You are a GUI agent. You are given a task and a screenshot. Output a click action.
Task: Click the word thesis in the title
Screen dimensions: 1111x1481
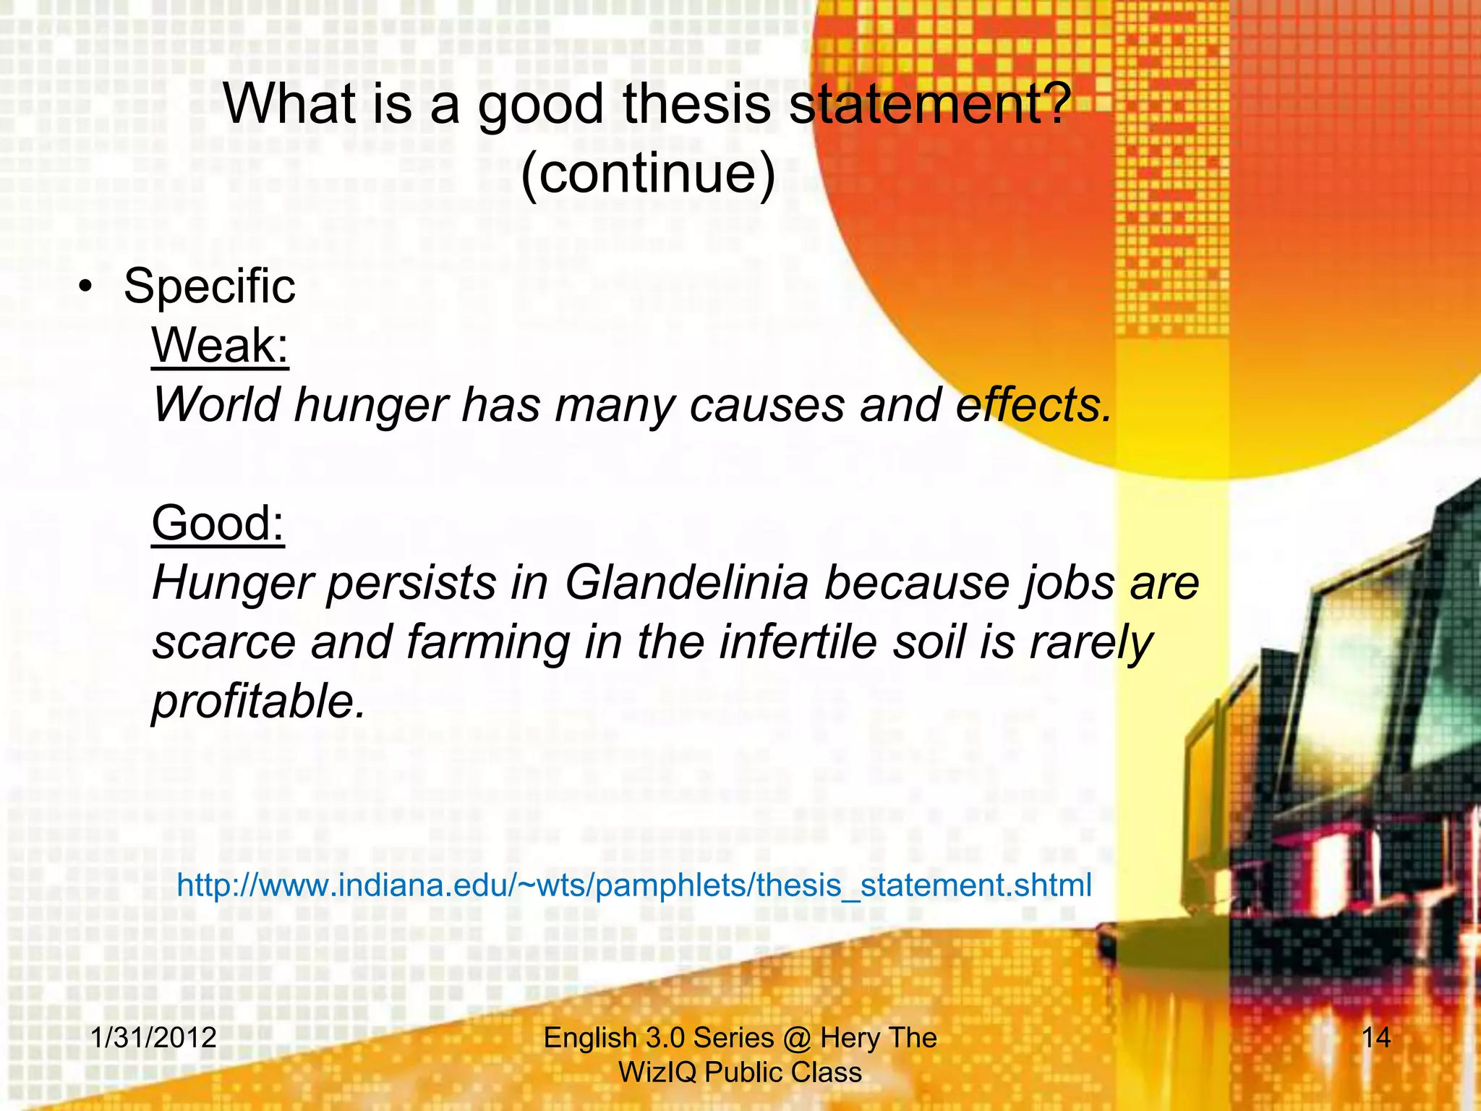pyautogui.click(x=696, y=104)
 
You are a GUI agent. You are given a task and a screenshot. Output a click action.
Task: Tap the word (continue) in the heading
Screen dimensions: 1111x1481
pyautogui.click(x=647, y=174)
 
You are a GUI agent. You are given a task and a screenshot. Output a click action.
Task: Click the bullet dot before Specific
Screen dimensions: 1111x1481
pyautogui.click(x=86, y=288)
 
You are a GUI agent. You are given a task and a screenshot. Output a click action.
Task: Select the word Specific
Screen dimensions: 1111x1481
pyautogui.click(x=209, y=286)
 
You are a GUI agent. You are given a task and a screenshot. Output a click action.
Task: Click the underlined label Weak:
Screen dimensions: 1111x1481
pyautogui.click(x=220, y=346)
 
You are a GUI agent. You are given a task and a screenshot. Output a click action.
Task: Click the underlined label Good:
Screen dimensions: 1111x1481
pyautogui.click(x=218, y=523)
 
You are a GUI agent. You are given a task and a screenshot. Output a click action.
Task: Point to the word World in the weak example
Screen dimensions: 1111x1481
pyautogui.click(x=216, y=404)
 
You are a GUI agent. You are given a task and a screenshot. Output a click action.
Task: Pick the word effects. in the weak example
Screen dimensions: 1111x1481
pyautogui.click(x=1033, y=404)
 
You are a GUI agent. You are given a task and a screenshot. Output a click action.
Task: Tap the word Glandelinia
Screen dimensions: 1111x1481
pyautogui.click(x=686, y=582)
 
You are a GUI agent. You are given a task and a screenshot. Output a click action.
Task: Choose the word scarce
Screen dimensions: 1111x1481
pyautogui.click(x=223, y=643)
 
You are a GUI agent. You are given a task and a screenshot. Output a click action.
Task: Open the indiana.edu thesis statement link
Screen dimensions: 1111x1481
pyautogui.click(x=633, y=885)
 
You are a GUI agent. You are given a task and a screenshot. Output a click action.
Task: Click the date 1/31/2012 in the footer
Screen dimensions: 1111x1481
pyautogui.click(x=153, y=1038)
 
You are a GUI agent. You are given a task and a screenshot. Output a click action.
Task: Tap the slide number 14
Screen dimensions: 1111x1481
pyautogui.click(x=1375, y=1038)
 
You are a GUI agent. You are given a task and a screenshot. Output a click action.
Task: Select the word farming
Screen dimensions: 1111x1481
pyautogui.click(x=488, y=643)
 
